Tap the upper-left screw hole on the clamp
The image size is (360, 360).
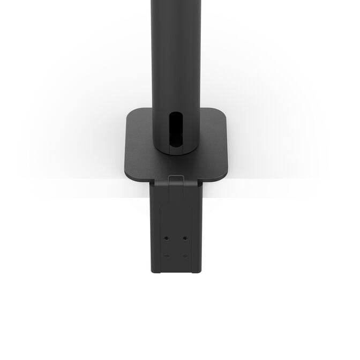[167, 237]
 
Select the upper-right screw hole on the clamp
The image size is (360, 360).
[185, 237]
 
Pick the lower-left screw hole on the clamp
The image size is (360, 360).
[167, 256]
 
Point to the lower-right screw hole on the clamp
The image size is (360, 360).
[185, 256]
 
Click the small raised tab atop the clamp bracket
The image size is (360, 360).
[176, 178]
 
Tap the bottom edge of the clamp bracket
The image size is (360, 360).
[176, 272]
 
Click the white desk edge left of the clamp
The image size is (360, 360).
[80, 189]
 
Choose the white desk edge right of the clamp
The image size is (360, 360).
[268, 189]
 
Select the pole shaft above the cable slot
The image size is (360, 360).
[176, 54]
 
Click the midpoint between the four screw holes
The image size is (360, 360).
[176, 246]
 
